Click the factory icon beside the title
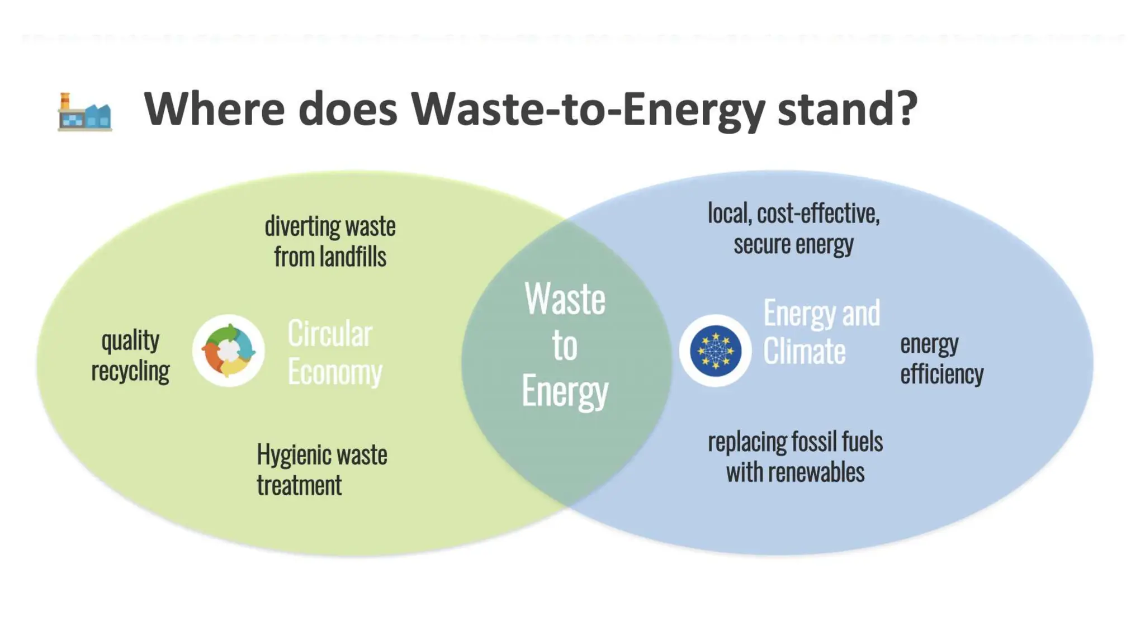(x=85, y=112)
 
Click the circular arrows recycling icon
(x=229, y=351)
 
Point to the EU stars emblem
(x=716, y=351)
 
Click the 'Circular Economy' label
(x=335, y=352)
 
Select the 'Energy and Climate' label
(x=821, y=332)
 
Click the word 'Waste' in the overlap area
(x=565, y=299)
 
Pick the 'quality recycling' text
(x=130, y=356)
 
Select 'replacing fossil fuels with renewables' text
(x=796, y=457)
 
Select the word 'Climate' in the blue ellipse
(x=805, y=351)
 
